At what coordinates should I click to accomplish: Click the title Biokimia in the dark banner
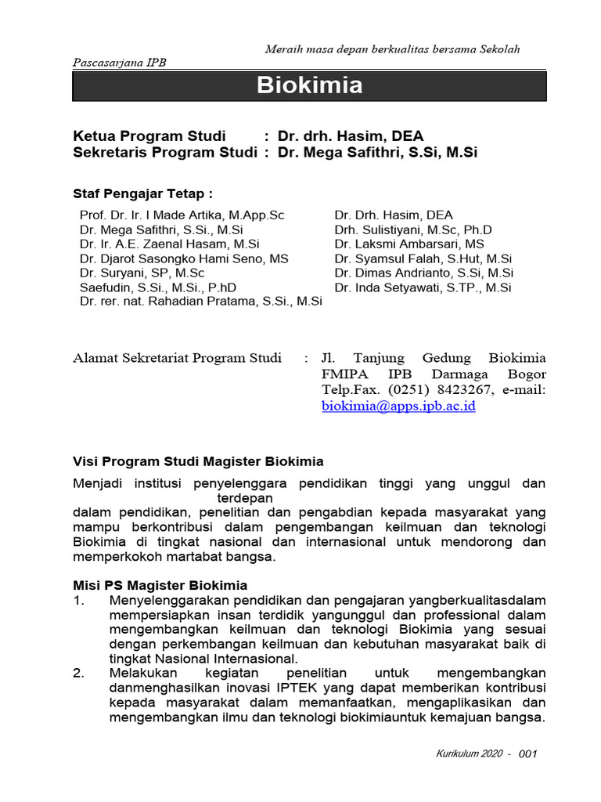point(310,86)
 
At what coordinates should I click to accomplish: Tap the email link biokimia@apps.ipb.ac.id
point(398,406)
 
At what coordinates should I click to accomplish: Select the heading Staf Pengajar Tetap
point(142,193)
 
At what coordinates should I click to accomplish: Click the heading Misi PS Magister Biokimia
point(160,585)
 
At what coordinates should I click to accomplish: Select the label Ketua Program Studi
point(149,135)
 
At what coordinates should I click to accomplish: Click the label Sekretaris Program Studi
point(165,153)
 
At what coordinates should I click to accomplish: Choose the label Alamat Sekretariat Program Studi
point(177,358)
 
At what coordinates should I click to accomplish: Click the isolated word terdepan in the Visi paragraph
point(245,497)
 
